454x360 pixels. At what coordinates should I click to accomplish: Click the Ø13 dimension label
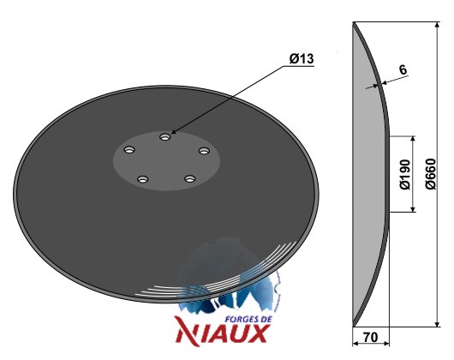(x=302, y=59)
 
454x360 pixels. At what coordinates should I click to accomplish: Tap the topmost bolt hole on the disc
(x=165, y=136)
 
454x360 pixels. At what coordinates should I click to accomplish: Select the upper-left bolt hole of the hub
(x=129, y=150)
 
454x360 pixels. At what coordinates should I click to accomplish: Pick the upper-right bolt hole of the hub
(x=204, y=151)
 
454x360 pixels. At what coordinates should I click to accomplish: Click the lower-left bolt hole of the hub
(x=142, y=179)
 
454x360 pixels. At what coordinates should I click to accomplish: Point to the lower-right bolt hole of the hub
(x=189, y=178)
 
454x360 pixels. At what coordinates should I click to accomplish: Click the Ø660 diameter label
(x=431, y=174)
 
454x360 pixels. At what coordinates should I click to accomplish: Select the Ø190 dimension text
(x=405, y=174)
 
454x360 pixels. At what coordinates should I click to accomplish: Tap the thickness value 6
(x=403, y=69)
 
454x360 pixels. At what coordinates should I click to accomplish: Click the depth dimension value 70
(x=370, y=337)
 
